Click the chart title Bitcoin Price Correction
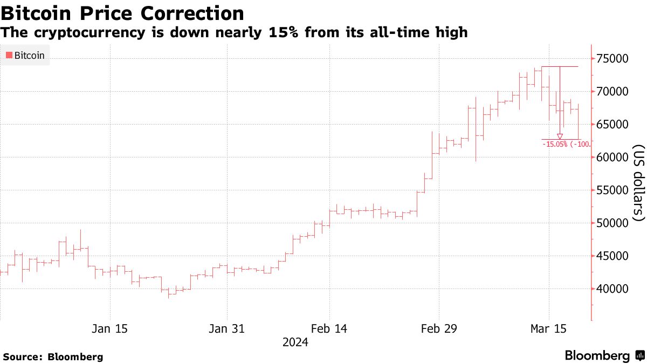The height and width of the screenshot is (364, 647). [122, 13]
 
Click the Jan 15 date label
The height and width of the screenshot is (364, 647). [109, 328]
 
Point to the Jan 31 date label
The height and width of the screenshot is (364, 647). [226, 328]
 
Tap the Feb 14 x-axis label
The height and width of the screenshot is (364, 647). [329, 328]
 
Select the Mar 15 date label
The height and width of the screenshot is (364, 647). [549, 328]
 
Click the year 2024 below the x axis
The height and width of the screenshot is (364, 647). [295, 342]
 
